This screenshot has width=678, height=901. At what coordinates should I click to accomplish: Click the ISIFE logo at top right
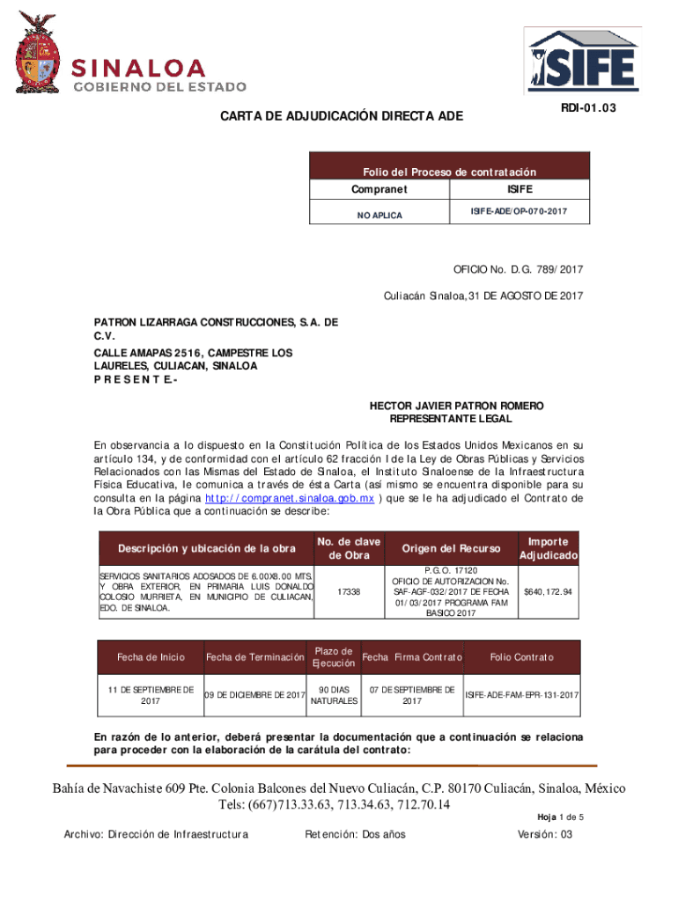pos(581,61)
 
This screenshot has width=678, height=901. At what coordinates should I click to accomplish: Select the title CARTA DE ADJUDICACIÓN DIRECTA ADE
pos(341,117)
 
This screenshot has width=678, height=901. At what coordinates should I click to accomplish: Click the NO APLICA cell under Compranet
pos(380,215)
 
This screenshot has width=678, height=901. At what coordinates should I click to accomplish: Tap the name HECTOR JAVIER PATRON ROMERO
pos(456,406)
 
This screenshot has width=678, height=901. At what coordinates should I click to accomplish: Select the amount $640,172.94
pos(549,591)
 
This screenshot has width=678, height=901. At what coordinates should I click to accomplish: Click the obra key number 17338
pos(349,591)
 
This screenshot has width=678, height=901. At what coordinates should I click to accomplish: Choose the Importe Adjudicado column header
pos(549,549)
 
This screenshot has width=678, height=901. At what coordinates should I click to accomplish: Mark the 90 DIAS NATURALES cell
pos(334,695)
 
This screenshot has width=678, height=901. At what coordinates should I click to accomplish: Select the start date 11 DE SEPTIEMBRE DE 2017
pos(150,695)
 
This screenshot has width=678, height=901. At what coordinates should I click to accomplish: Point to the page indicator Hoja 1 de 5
pos(559,817)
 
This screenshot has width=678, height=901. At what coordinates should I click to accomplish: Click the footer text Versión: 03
pos(545,834)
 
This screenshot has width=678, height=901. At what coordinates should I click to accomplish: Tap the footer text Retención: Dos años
pos(354,834)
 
